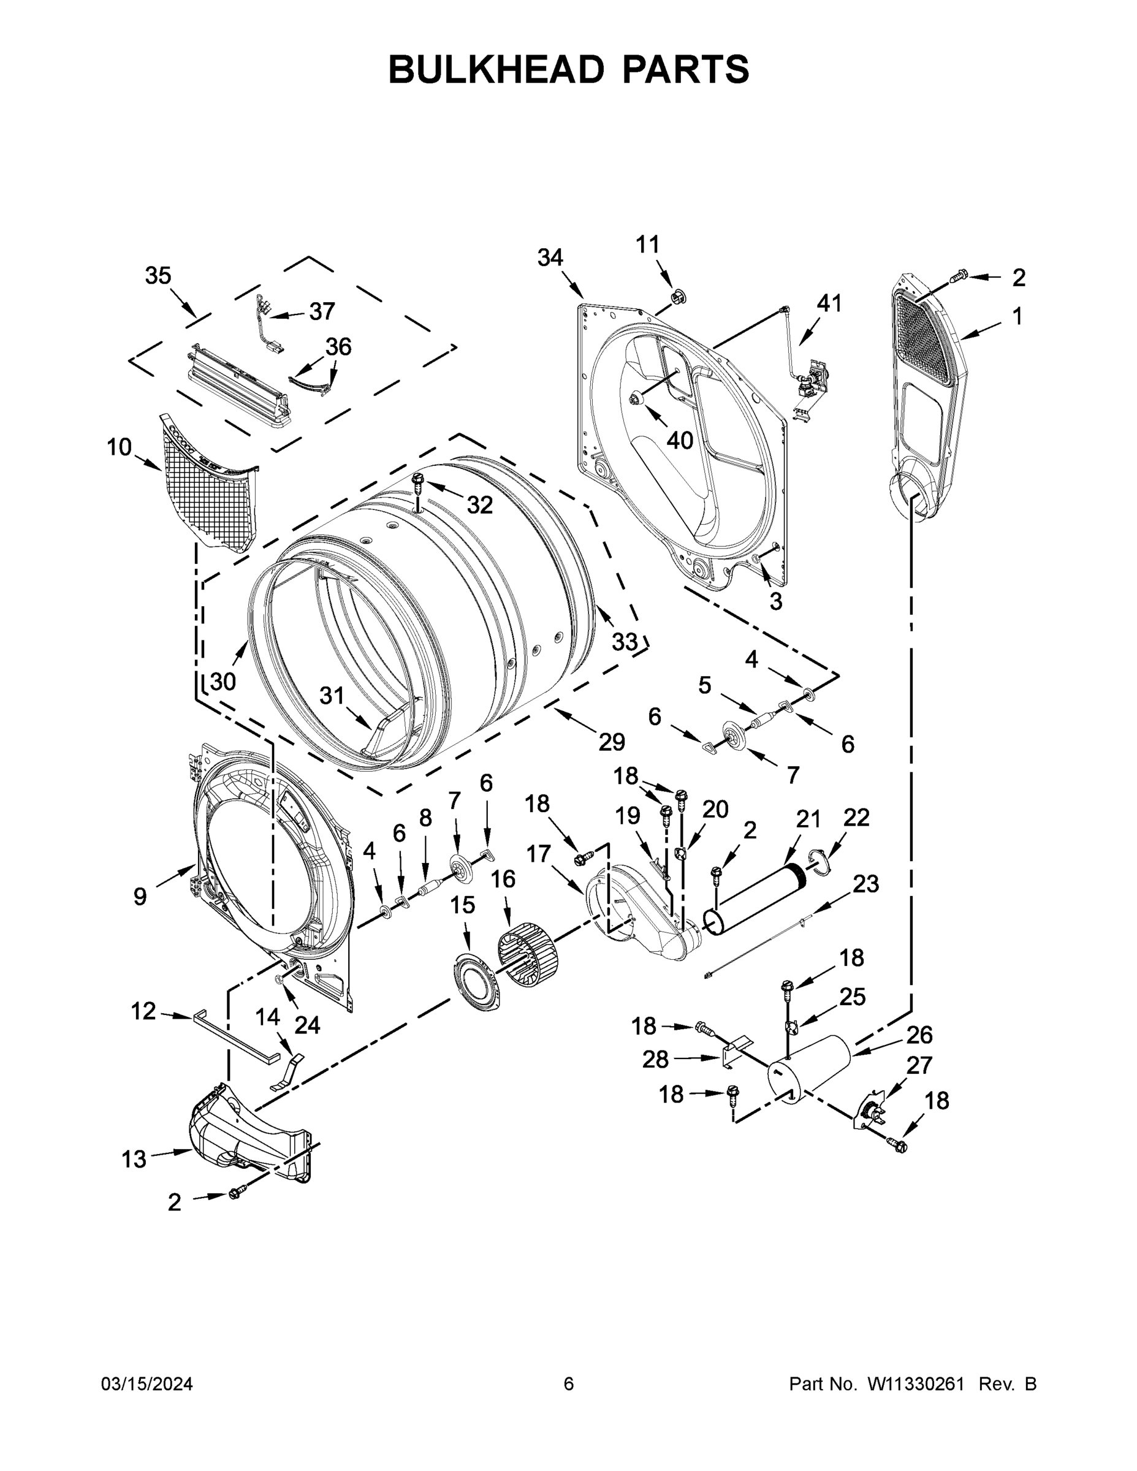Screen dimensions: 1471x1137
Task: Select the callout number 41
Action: point(829,304)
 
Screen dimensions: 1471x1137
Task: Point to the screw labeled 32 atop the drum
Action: point(418,482)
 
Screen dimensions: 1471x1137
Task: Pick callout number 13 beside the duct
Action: point(134,1159)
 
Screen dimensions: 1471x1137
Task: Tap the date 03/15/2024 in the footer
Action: point(147,1384)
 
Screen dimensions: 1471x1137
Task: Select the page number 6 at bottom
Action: point(569,1384)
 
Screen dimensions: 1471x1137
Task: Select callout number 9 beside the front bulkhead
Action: point(139,897)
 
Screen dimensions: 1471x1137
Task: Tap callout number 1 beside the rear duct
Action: point(1017,316)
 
